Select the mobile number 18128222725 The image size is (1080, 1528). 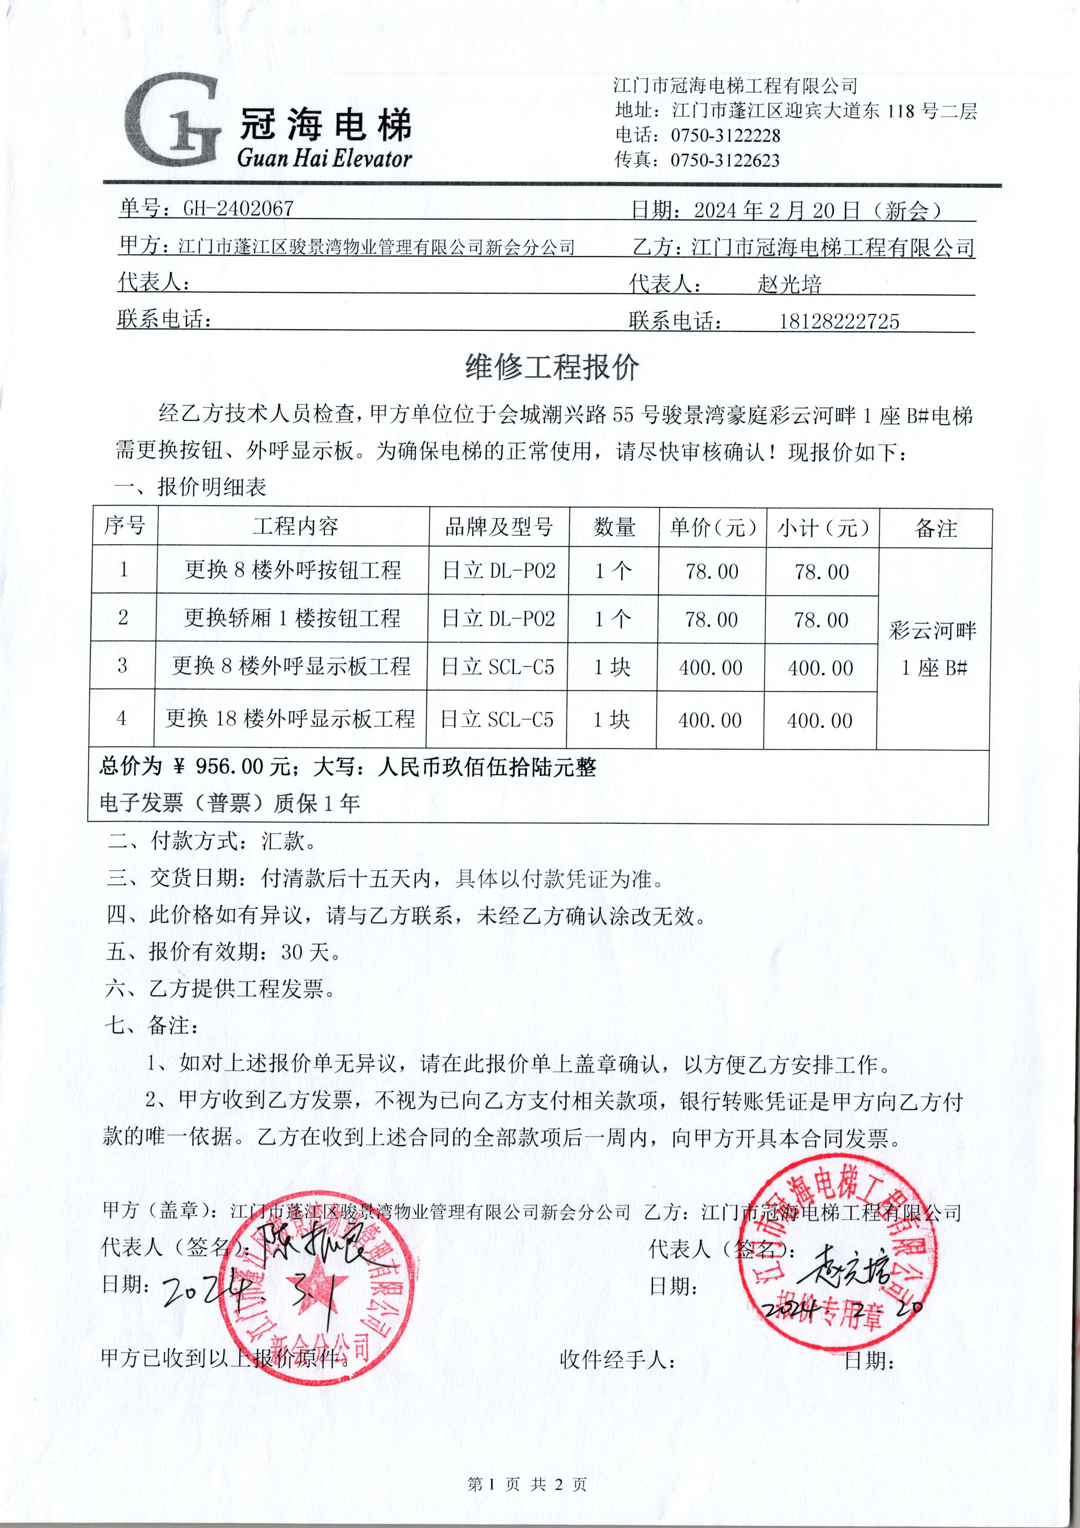(839, 322)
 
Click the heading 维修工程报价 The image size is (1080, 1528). (552, 367)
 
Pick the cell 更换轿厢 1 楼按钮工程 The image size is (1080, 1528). (292, 618)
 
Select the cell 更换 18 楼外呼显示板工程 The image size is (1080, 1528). (290, 719)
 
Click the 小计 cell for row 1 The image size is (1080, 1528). (822, 571)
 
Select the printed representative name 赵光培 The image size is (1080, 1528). (789, 285)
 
